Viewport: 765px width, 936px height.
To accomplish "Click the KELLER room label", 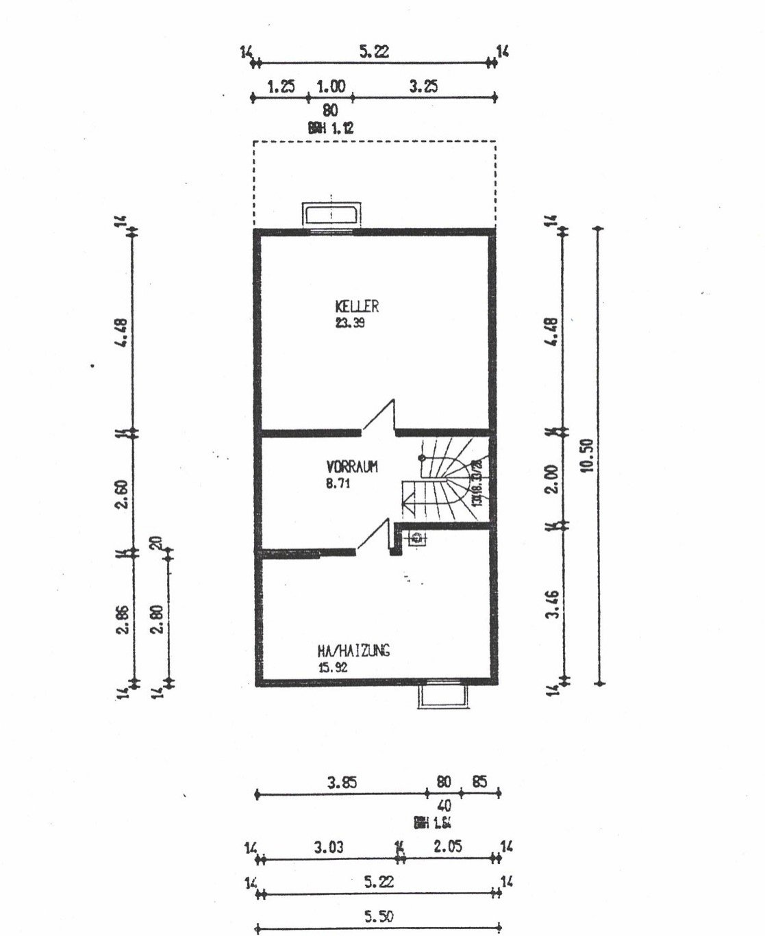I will [x=356, y=306].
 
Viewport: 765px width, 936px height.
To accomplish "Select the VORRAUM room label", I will [x=352, y=467].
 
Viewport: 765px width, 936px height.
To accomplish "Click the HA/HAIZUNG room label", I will [x=353, y=650].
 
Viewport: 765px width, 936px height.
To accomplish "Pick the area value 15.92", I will [x=333, y=666].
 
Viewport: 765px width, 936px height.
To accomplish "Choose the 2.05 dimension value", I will [x=447, y=847].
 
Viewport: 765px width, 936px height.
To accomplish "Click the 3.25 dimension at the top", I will [x=424, y=86].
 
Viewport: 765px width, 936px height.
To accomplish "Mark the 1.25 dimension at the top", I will [x=281, y=87].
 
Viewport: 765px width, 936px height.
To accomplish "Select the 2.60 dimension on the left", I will [x=123, y=494].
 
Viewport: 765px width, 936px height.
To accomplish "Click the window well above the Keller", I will [x=332, y=215].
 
